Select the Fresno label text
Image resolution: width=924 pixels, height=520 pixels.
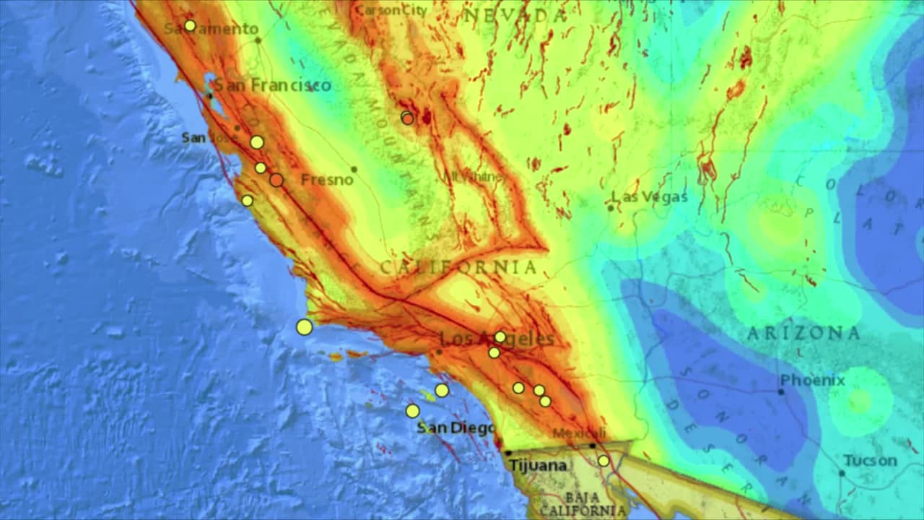pos(327,179)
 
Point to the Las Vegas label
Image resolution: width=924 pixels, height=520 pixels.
pos(650,196)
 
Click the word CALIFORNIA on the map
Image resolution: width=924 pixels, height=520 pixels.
pos(458,268)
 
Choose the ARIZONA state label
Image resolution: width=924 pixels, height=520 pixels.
pos(803,334)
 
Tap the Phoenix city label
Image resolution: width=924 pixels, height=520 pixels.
pos(812,380)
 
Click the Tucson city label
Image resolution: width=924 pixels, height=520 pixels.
pos(870,461)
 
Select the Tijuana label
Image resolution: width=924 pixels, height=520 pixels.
pos(538,466)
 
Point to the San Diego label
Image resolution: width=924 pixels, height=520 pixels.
pos(456,428)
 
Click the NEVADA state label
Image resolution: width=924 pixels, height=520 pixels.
pos(515,15)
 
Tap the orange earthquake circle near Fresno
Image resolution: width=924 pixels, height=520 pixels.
pos(276,180)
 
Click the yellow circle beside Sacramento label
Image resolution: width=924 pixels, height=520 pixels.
pos(190,25)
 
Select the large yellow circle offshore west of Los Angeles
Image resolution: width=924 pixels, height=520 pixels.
pos(305,327)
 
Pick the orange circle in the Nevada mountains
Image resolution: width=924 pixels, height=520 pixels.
pos(408,118)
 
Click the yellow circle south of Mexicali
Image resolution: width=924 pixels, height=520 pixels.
pos(603,461)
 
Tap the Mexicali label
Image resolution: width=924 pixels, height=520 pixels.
pos(577,433)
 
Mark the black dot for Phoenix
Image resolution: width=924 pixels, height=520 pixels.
pos(780,391)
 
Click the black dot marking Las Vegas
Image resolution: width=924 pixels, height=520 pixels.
pos(610,208)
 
